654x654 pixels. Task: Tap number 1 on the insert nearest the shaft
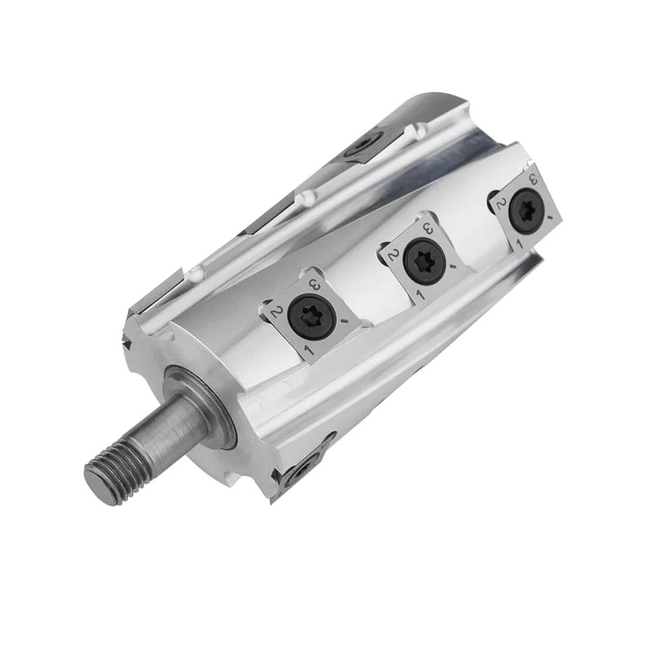point(310,349)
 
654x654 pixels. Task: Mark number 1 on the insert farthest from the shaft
point(519,242)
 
